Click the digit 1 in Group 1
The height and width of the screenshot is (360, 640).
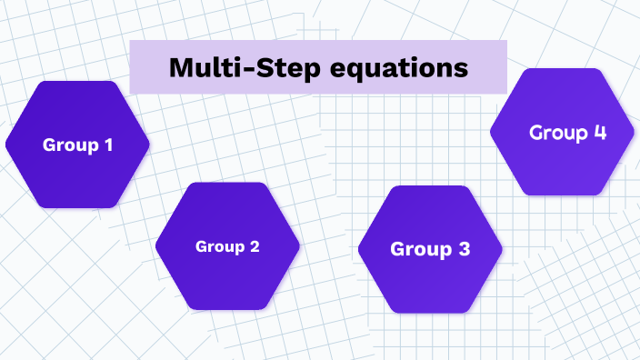point(108,144)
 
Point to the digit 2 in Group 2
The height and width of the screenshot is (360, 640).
point(255,246)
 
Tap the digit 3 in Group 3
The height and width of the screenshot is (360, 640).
point(463,248)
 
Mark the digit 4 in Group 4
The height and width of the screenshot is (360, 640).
point(599,132)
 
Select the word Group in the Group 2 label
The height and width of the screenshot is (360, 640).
point(220,246)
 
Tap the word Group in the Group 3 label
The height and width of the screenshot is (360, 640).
point(420,248)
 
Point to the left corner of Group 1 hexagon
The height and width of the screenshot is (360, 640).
point(6,144)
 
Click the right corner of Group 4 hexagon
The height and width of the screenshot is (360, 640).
point(634,132)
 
